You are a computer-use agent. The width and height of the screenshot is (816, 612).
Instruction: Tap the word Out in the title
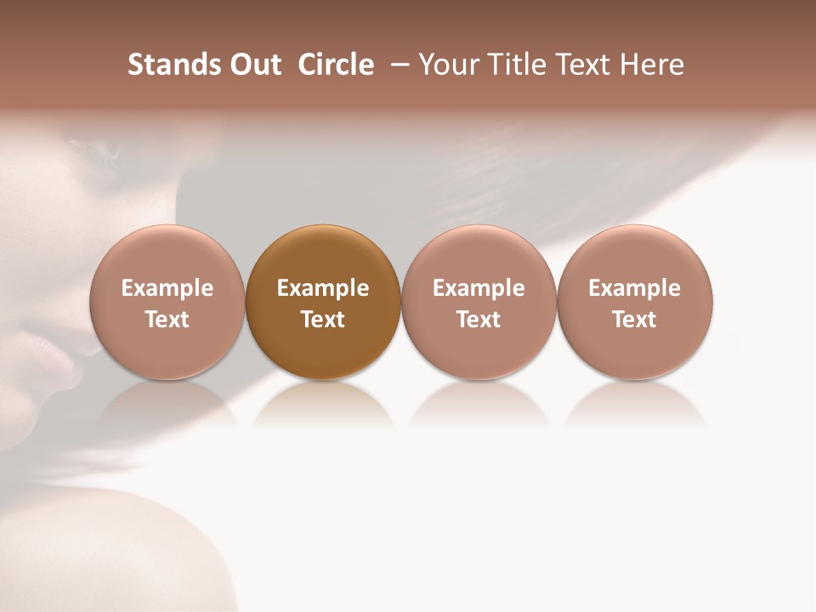coord(253,65)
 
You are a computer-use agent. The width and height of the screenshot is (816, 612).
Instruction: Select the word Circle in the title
coord(336,65)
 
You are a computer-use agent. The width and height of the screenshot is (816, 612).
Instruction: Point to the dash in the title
coord(397,65)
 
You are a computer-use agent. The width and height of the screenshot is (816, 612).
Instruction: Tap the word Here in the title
coord(652,65)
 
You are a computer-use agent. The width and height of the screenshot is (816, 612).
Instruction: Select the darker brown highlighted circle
coord(323,303)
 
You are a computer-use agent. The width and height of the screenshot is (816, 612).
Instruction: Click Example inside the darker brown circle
coord(323,288)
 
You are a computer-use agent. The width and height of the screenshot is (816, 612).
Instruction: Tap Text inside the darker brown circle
coord(323,320)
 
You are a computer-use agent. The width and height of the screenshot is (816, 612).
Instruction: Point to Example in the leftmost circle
coord(167,288)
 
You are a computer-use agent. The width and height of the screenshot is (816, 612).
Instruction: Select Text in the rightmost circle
coord(634,320)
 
